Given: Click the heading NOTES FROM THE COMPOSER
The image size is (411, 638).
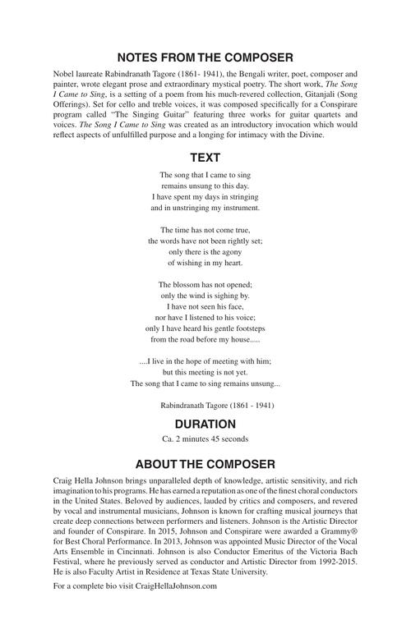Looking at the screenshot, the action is tap(205, 57).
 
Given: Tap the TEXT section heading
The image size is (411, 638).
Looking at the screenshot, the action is tap(205, 157).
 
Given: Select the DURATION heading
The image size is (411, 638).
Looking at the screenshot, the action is tap(205, 425).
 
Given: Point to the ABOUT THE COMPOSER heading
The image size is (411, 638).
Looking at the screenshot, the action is tap(205, 464).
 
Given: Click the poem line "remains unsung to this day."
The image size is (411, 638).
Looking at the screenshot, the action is tap(205, 186).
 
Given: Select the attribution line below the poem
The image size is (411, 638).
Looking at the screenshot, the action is tap(218, 406).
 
